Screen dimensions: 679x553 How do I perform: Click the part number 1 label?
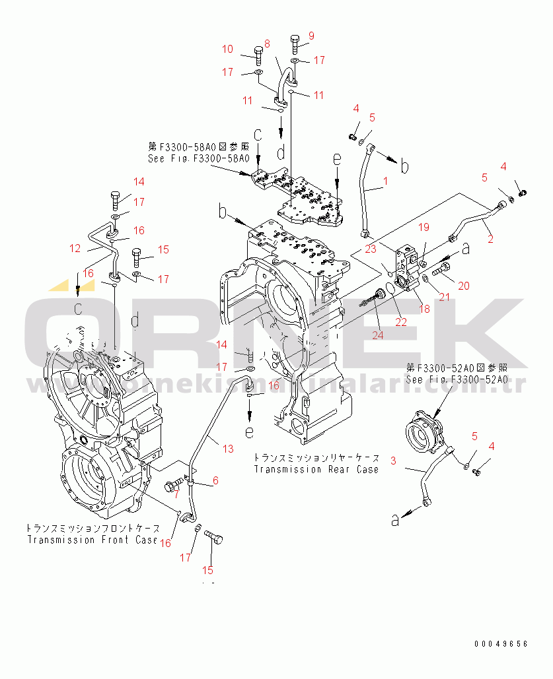pyautogui.click(x=386, y=180)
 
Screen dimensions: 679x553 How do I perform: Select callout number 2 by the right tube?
pyautogui.click(x=490, y=240)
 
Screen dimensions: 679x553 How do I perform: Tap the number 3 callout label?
pyautogui.click(x=392, y=460)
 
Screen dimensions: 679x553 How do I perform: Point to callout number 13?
pyautogui.click(x=227, y=449)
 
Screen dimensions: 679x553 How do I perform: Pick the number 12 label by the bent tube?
pyautogui.click(x=75, y=248)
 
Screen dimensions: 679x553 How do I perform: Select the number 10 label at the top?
pyautogui.click(x=227, y=49)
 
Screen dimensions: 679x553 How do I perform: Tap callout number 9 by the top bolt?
pyautogui.click(x=311, y=36)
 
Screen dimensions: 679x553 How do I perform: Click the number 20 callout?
pyautogui.click(x=464, y=286)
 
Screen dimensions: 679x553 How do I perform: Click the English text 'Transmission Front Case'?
pyautogui.click(x=92, y=540)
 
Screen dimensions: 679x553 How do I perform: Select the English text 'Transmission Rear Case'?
pyautogui.click(x=316, y=469)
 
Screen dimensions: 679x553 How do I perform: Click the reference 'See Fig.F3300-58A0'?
pyautogui.click(x=198, y=159)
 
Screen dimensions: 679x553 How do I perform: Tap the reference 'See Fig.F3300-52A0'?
pyautogui.click(x=457, y=379)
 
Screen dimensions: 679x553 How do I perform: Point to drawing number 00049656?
pyautogui.click(x=500, y=643)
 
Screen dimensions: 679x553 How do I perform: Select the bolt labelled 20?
pyautogui.click(x=441, y=269)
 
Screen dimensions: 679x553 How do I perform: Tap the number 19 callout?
pyautogui.click(x=424, y=228)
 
